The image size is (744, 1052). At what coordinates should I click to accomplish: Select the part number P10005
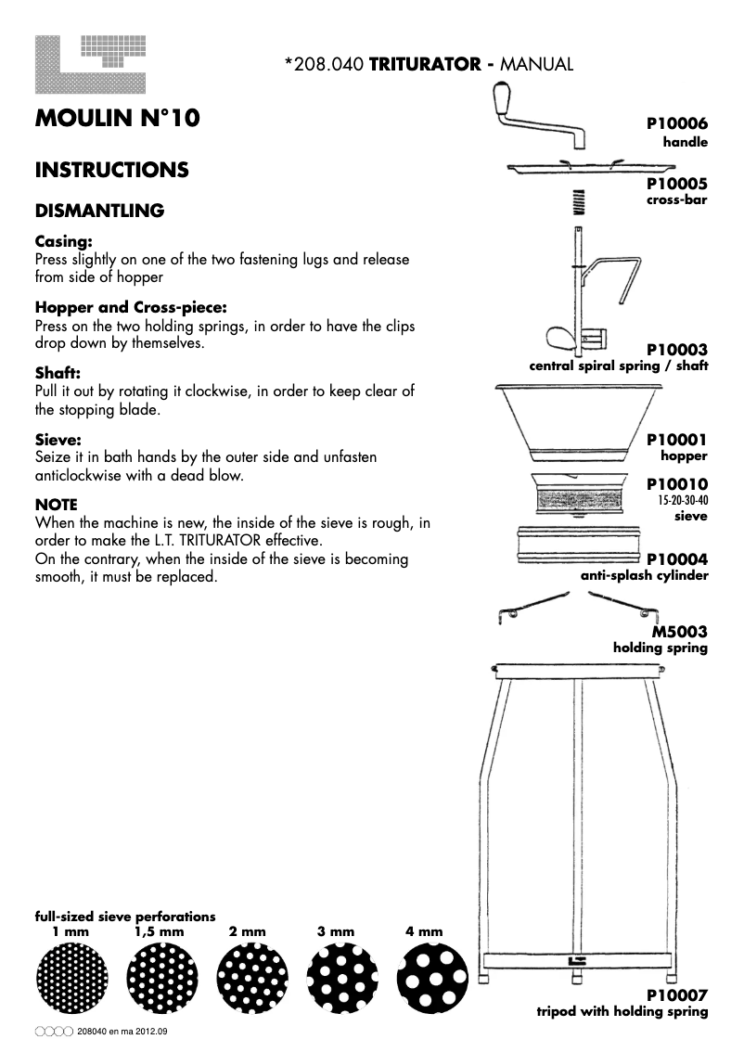pos(677,184)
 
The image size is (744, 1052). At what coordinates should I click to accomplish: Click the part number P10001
pos(677,440)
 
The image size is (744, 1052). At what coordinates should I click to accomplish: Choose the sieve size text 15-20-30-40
pos(683,500)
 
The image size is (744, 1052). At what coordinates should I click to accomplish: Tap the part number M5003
pos(681,632)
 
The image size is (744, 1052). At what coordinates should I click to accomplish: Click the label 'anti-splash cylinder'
pos(644,575)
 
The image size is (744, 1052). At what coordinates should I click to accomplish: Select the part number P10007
pos(677,995)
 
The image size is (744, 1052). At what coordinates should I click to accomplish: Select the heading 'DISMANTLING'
pos(99,211)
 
